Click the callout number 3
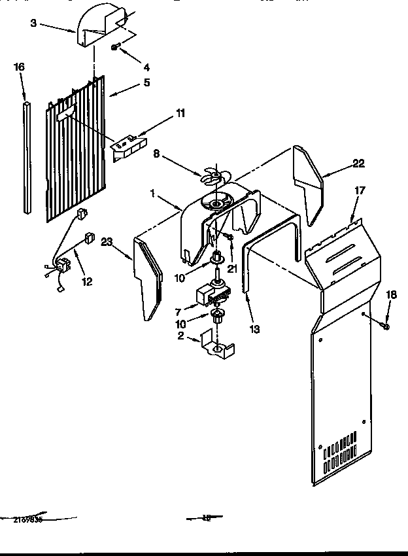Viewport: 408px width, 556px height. pyautogui.click(x=33, y=23)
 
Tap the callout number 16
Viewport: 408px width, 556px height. pyautogui.click(x=20, y=66)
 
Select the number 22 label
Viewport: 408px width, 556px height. pyautogui.click(x=358, y=164)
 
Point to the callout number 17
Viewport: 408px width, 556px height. pyautogui.click(x=359, y=191)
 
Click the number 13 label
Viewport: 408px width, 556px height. pyautogui.click(x=254, y=329)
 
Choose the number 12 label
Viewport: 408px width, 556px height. pyautogui.click(x=87, y=281)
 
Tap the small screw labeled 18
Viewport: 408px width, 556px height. pyautogui.click(x=386, y=326)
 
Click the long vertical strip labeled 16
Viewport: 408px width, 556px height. pyautogui.click(x=26, y=157)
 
